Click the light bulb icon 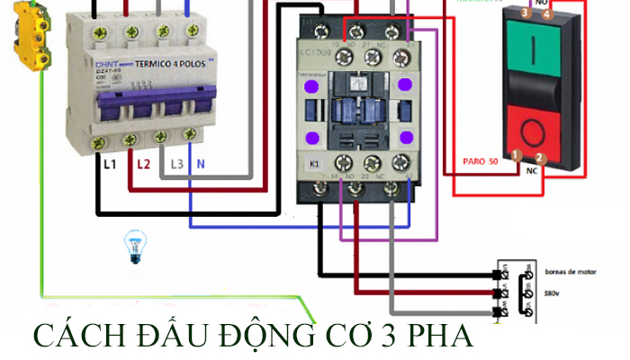point(135,245)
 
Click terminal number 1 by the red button point(516,154)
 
